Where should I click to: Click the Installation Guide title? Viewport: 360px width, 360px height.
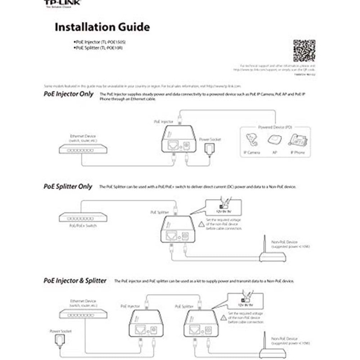[x=102, y=27]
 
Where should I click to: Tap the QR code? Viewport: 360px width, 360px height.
[x=304, y=51]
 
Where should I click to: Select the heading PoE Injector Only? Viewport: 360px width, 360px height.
[x=68, y=95]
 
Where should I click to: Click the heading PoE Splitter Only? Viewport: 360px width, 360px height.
[x=68, y=186]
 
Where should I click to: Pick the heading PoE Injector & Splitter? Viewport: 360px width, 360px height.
[x=75, y=280]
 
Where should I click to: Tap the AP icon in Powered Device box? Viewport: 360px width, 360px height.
[x=275, y=140]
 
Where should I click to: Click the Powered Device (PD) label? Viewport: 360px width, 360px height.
[x=275, y=127]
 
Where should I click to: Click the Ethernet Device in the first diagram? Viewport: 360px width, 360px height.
[x=83, y=148]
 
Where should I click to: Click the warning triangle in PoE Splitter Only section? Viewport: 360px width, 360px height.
[x=201, y=224]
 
